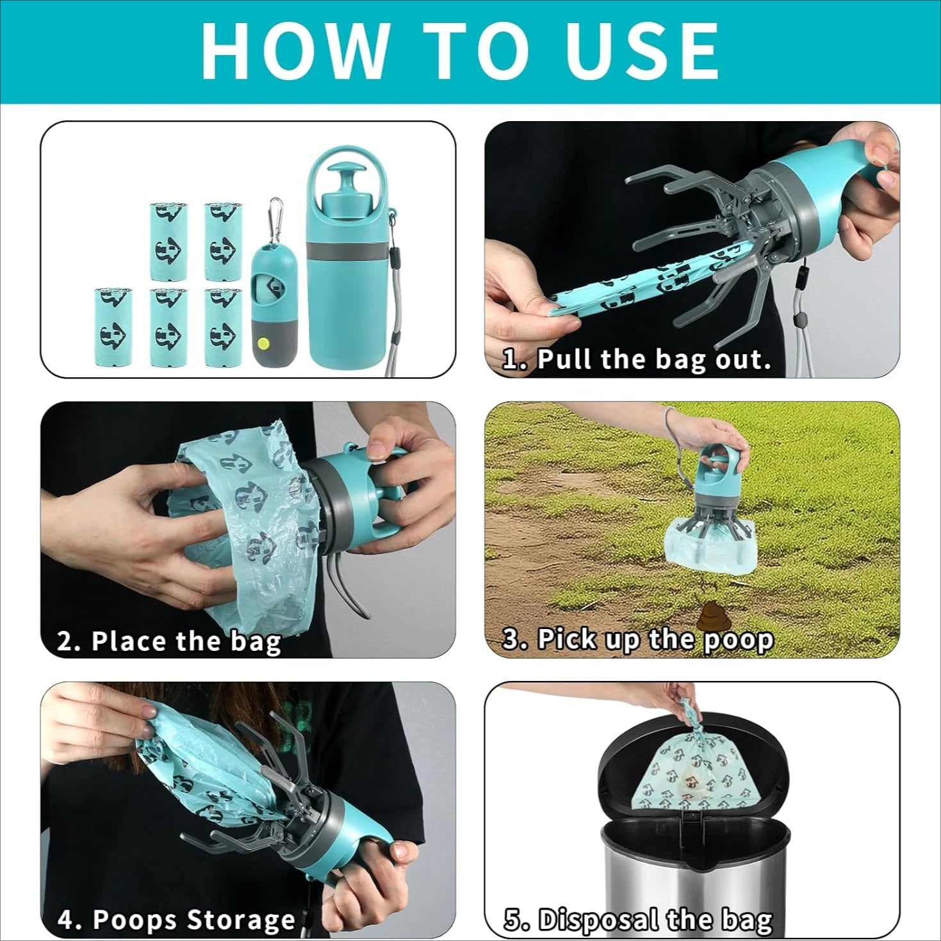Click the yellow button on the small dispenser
[262, 343]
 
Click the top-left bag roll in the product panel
[168, 241]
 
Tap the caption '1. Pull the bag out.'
[637, 359]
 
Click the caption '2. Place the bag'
[169, 641]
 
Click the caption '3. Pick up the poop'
[637, 639]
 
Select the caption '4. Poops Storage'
[176, 919]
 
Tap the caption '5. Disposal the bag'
[638, 920]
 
